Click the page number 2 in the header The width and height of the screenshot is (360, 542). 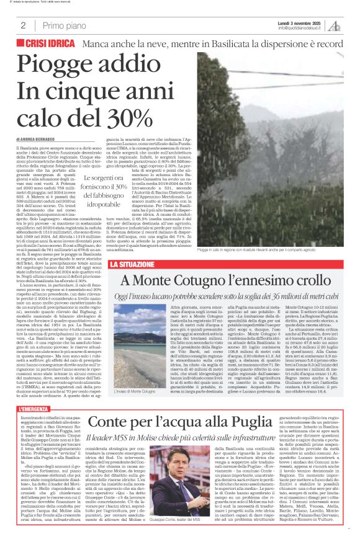pyautogui.click(x=23, y=25)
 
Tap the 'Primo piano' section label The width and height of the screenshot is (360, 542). pyautogui.click(x=62, y=25)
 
